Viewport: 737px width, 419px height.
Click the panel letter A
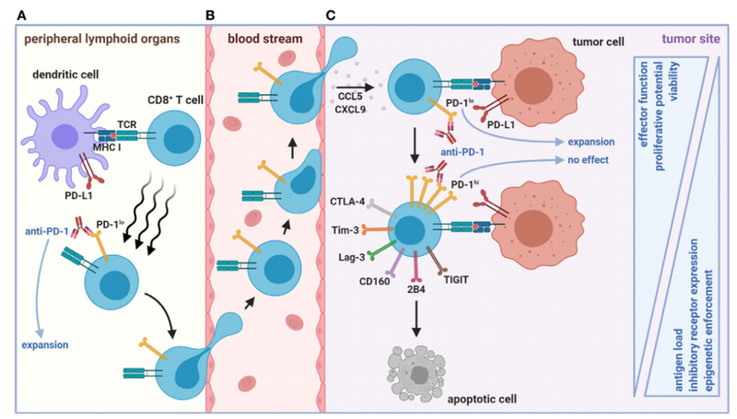click(7, 15)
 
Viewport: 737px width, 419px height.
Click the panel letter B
click(210, 15)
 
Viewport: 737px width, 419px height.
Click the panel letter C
click(343, 15)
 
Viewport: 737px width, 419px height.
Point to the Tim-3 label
click(348, 226)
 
